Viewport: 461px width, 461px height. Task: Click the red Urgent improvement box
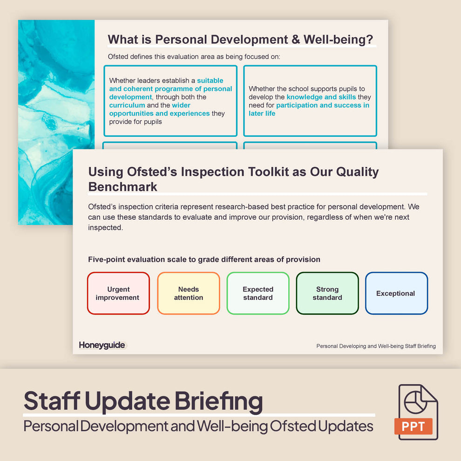coord(118,293)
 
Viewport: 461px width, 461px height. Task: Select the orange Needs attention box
coord(188,293)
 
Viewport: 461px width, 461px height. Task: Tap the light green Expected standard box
coord(258,293)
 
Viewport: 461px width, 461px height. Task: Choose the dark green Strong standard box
coord(327,293)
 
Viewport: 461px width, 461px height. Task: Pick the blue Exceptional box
coord(396,293)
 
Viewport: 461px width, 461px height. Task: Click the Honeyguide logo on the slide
coord(102,345)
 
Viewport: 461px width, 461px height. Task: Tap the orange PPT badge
coord(413,426)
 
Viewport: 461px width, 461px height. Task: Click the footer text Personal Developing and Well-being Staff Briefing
coord(376,346)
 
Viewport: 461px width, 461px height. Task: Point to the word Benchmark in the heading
coord(123,187)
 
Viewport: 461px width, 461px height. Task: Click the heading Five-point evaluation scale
coord(204,259)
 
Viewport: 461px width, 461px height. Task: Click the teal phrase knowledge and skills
coord(321,97)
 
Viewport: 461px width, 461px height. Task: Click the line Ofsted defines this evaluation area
coord(194,57)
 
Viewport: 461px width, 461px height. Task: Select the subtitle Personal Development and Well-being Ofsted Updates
coord(198,426)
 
